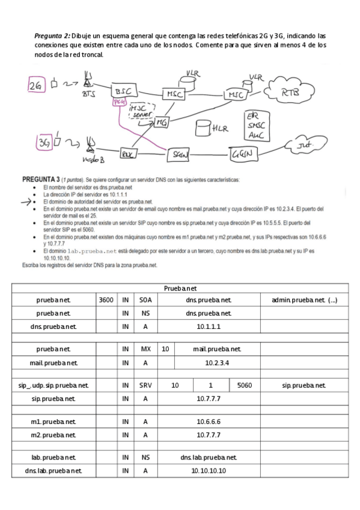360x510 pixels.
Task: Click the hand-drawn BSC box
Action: [x=124, y=91]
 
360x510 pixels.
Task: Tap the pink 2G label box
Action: [x=37, y=86]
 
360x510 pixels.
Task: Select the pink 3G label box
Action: [x=43, y=143]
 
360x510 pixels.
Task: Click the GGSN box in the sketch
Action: [x=245, y=154]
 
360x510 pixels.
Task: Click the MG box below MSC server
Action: [x=161, y=122]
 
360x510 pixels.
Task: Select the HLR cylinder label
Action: [x=220, y=128]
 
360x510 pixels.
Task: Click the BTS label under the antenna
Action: [x=88, y=94]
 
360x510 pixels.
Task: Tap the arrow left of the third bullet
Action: [x=26, y=203]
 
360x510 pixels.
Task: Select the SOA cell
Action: [x=145, y=299]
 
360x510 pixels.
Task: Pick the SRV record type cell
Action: [x=145, y=385]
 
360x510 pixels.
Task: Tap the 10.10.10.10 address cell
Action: [x=209, y=471]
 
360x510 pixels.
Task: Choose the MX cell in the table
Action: [x=145, y=349]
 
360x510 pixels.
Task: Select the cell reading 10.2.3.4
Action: [x=209, y=363]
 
